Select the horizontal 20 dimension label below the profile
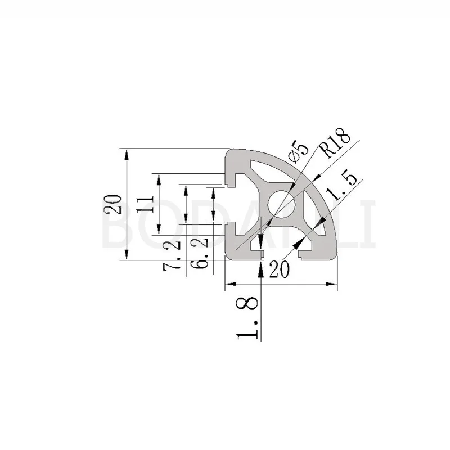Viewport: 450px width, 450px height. pos(280,269)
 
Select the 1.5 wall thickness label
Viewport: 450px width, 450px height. pos(342,188)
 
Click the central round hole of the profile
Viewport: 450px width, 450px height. pos(281,204)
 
